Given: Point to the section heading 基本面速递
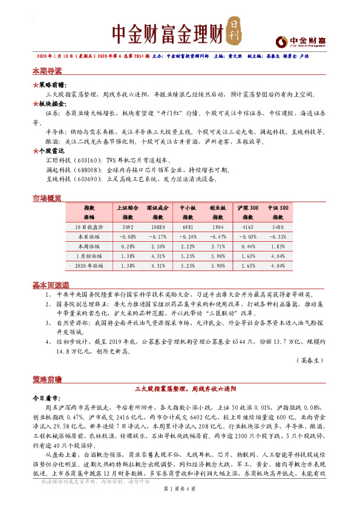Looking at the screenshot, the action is (51, 285).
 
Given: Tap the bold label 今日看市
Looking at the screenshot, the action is (45, 399).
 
